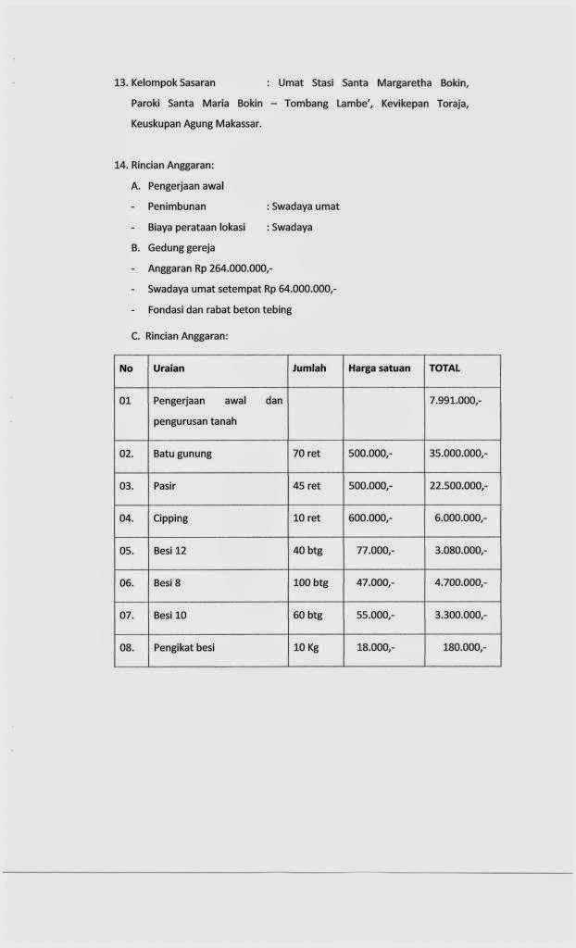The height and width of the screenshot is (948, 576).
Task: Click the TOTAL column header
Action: [x=445, y=368]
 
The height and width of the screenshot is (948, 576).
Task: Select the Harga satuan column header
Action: [x=379, y=368]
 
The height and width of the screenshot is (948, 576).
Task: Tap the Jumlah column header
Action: [x=309, y=368]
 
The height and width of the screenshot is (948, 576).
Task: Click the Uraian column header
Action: [x=169, y=368]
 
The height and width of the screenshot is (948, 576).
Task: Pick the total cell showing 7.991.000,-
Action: [x=457, y=401]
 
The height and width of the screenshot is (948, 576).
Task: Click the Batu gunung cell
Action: [x=182, y=454]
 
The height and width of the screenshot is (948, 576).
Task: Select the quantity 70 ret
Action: [x=307, y=454]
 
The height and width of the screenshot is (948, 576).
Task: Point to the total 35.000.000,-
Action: [x=458, y=454]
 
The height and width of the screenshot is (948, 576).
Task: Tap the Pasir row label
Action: [x=165, y=486]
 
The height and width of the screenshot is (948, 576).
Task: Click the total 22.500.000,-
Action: [x=458, y=486]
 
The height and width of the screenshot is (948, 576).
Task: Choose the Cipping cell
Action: [x=170, y=518]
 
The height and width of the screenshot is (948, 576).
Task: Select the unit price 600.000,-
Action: [x=370, y=518]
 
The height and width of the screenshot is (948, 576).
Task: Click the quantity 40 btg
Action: [x=307, y=551]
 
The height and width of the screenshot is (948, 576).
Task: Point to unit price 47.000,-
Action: [x=375, y=583]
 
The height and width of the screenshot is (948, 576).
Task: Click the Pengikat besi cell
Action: [x=183, y=648]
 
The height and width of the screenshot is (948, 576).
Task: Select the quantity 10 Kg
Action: [x=306, y=648]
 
